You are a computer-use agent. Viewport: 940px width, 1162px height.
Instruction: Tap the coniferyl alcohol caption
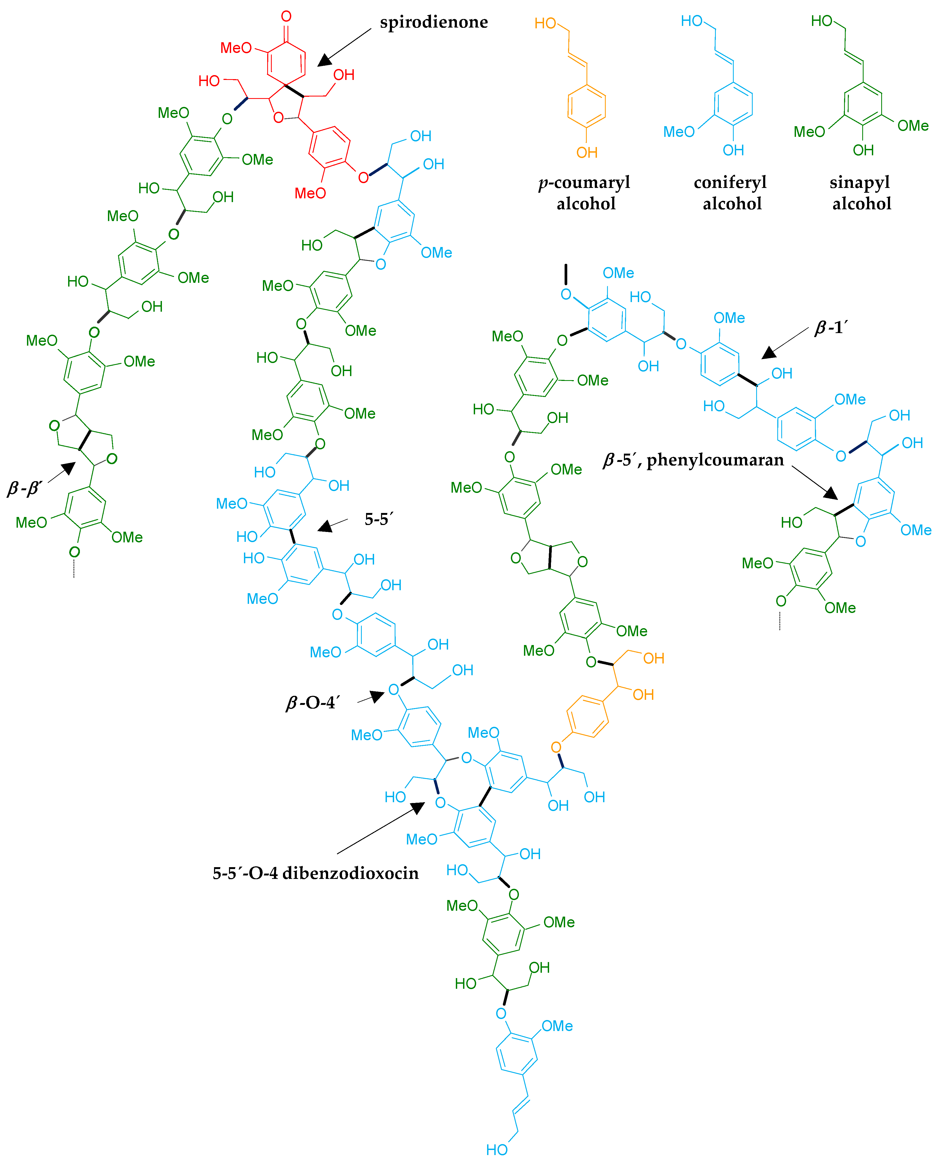[x=731, y=193]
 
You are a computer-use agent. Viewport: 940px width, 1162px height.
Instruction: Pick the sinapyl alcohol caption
[x=860, y=193]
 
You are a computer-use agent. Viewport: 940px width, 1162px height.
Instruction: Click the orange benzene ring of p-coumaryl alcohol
[x=586, y=106]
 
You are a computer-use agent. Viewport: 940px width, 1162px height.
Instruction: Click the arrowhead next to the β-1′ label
[x=769, y=353]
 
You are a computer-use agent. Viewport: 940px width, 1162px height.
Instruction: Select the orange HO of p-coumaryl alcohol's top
[x=545, y=23]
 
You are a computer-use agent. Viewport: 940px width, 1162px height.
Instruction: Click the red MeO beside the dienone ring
[x=236, y=48]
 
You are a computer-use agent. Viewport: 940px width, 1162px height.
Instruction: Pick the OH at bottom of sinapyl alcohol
[x=863, y=150]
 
